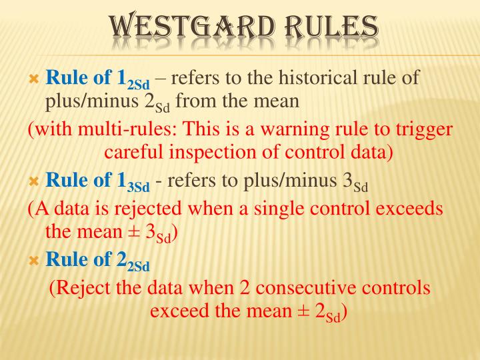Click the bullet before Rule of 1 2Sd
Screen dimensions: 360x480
tap(35, 79)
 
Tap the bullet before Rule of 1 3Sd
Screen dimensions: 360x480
tap(35, 181)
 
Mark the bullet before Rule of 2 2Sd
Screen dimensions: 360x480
tap(35, 261)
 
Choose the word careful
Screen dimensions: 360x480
tap(135, 153)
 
